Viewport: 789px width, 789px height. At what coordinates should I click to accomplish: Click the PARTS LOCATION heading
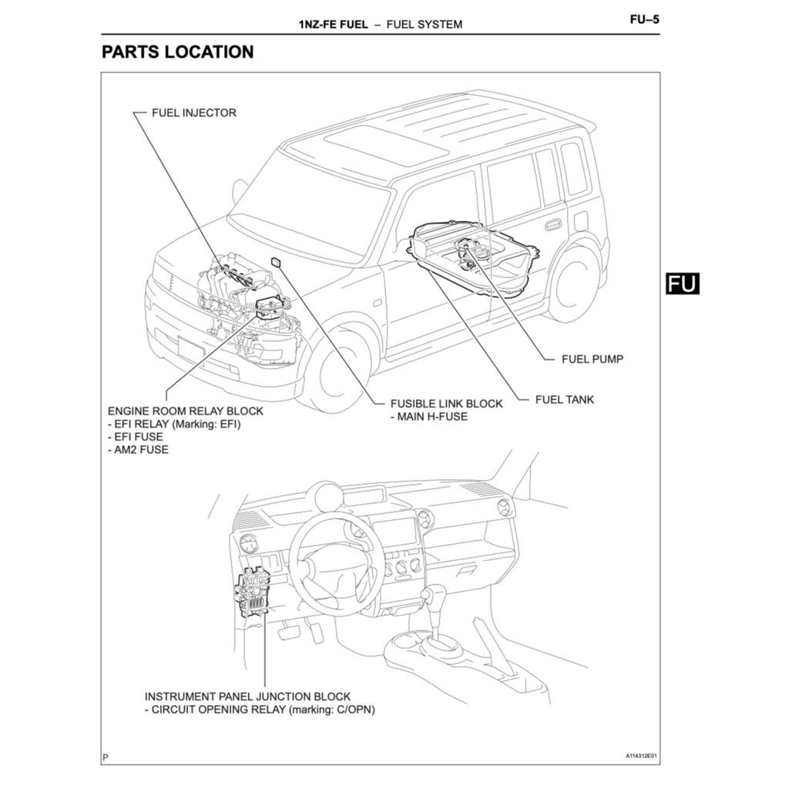click(x=177, y=52)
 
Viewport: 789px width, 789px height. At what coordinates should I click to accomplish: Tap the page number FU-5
click(x=644, y=21)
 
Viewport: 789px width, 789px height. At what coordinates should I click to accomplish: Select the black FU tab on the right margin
click(x=682, y=284)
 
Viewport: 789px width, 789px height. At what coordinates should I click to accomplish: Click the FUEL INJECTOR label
click(x=193, y=112)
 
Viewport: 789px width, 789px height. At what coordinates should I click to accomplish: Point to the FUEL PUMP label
click(x=592, y=359)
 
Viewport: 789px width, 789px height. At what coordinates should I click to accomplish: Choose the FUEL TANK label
click(x=565, y=400)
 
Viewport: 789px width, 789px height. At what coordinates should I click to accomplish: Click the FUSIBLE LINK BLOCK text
click(x=446, y=404)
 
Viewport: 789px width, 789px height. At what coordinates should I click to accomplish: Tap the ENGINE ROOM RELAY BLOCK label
click(x=185, y=411)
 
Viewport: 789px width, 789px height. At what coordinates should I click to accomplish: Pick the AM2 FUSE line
click(x=138, y=449)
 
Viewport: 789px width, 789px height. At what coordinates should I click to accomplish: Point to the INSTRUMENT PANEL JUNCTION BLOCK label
click(x=247, y=696)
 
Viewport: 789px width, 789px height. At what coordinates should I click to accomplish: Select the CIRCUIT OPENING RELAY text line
click(x=260, y=710)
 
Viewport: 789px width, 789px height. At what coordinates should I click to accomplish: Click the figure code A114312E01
click(x=642, y=756)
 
